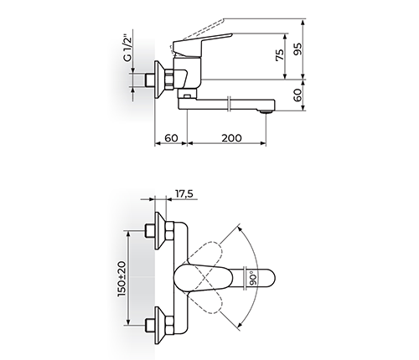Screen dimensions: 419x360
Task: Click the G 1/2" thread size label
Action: [x=127, y=48]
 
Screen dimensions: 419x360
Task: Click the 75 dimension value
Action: [x=280, y=54]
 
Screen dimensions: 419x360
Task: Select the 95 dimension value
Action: [x=298, y=49]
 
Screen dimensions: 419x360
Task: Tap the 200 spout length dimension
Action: [x=231, y=138]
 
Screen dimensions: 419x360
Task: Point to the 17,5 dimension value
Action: [x=184, y=193]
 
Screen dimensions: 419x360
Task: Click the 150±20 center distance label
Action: [x=122, y=279]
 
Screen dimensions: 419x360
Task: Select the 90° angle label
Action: [x=253, y=277]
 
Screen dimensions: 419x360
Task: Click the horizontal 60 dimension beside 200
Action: [x=171, y=138]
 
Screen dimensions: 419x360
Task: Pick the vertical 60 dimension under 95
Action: [x=298, y=95]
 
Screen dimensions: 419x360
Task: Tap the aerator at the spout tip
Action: [x=266, y=112]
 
